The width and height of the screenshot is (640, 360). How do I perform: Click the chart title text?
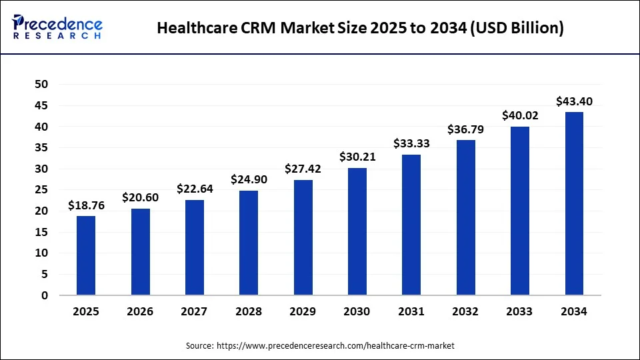click(x=360, y=28)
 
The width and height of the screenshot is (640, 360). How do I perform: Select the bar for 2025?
click(x=86, y=255)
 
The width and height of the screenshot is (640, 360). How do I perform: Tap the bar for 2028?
click(x=249, y=243)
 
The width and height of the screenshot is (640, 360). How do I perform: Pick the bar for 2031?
click(x=411, y=225)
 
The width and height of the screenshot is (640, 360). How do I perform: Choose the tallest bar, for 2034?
click(x=574, y=203)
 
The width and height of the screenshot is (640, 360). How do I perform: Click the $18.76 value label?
click(x=86, y=206)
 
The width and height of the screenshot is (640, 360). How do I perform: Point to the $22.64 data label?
click(x=195, y=189)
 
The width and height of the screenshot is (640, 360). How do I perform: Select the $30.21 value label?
click(x=357, y=157)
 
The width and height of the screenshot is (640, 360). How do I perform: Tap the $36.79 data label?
click(x=466, y=129)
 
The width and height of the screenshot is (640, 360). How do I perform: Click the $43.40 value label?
click(x=574, y=101)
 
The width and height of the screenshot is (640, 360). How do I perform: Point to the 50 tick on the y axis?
click(x=41, y=84)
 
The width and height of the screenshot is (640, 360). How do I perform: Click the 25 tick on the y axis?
click(x=41, y=189)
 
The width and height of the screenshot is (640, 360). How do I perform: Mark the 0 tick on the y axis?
click(x=45, y=295)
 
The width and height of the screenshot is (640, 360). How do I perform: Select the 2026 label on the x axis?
click(x=140, y=311)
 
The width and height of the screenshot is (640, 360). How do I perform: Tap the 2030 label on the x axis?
click(x=357, y=311)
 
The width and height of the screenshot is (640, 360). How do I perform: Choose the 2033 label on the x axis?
click(x=520, y=311)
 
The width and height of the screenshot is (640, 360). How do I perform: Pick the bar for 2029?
click(x=303, y=237)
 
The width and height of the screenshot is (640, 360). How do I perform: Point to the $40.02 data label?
click(x=520, y=116)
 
